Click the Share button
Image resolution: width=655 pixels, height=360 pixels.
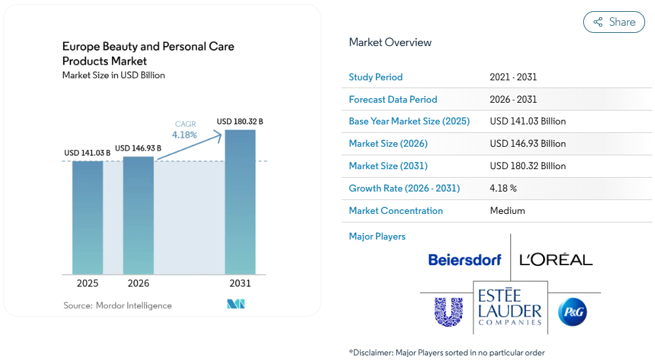click(x=614, y=22)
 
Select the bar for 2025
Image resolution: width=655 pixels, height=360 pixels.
click(x=88, y=218)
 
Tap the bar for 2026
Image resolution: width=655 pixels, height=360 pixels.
click(x=138, y=215)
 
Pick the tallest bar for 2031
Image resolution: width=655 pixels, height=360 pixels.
click(x=240, y=202)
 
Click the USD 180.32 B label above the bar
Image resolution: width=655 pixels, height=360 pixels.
click(x=240, y=122)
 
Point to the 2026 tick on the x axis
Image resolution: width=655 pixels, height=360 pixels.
click(x=138, y=283)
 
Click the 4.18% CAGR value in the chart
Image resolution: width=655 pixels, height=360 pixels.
click(x=184, y=135)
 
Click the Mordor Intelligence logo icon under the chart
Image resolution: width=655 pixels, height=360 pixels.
click(x=236, y=304)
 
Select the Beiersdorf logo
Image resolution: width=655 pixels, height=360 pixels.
click(x=465, y=260)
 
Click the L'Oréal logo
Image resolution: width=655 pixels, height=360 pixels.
click(x=556, y=259)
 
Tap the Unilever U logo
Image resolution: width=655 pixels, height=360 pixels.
click(x=449, y=312)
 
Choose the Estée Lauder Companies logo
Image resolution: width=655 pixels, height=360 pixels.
click(x=510, y=307)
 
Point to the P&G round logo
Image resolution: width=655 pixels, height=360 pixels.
click(x=573, y=312)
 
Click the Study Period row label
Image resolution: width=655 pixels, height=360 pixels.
click(x=375, y=77)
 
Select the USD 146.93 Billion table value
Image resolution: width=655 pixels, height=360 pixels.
click(x=527, y=143)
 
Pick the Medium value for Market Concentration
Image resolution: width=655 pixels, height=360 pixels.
click(x=508, y=211)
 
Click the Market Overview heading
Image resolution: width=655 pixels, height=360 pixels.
click(x=390, y=43)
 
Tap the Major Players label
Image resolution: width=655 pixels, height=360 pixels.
click(x=377, y=236)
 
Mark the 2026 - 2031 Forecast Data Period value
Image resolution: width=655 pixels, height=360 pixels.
click(x=513, y=99)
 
